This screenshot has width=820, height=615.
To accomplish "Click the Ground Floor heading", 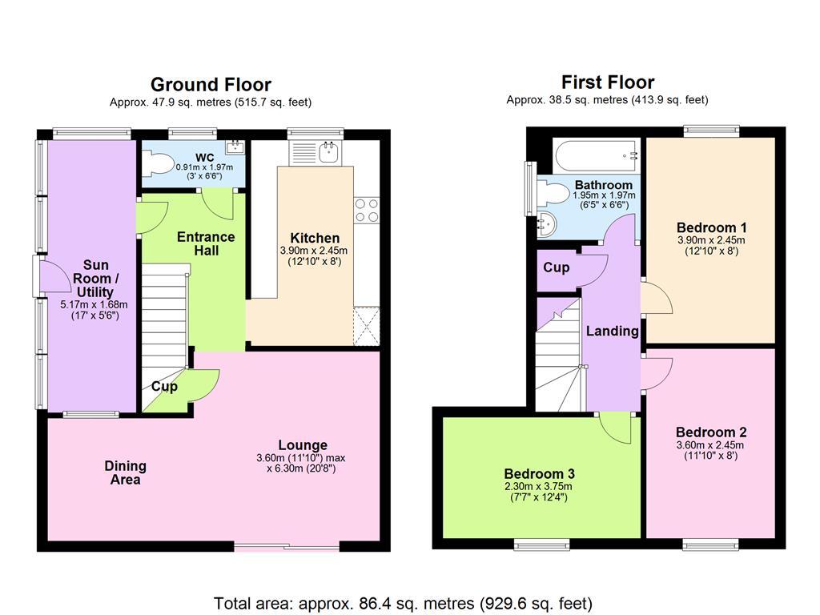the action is click(211, 85).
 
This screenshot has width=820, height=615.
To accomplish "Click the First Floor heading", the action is click(608, 82).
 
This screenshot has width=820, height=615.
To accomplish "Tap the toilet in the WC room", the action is click(158, 162).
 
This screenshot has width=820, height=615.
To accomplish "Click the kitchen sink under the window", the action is click(329, 153).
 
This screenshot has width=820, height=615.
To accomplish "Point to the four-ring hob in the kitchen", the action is click(367, 211).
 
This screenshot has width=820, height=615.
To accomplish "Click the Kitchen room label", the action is click(315, 238).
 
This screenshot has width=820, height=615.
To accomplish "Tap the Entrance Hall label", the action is click(206, 243).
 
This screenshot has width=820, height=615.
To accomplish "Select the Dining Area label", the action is click(126, 472).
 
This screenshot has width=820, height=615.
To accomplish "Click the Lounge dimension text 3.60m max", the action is click(301, 458).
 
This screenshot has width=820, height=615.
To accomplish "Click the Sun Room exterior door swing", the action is click(55, 276).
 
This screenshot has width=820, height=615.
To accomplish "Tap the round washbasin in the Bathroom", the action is click(547, 225).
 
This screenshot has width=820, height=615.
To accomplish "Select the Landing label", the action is click(613, 331).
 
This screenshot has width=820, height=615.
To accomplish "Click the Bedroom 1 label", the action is click(711, 227).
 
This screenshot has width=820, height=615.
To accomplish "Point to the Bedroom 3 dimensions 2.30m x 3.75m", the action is click(538, 486).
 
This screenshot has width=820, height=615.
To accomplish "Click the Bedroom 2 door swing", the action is click(657, 374).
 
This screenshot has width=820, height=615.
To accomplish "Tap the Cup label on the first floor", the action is click(556, 267).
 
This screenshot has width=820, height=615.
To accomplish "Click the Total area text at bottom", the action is click(403, 604).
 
